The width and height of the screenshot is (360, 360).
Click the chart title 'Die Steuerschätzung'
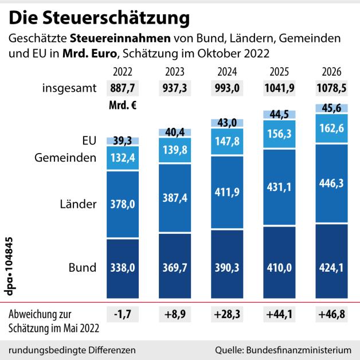tap(99, 18)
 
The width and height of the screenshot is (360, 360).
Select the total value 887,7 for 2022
tap(122, 89)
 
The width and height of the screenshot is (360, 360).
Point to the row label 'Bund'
tap(82, 268)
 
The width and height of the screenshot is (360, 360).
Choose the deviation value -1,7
tap(122, 314)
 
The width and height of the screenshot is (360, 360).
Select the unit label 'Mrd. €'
tap(122, 106)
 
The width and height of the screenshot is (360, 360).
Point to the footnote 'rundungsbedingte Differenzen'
tap(73, 349)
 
